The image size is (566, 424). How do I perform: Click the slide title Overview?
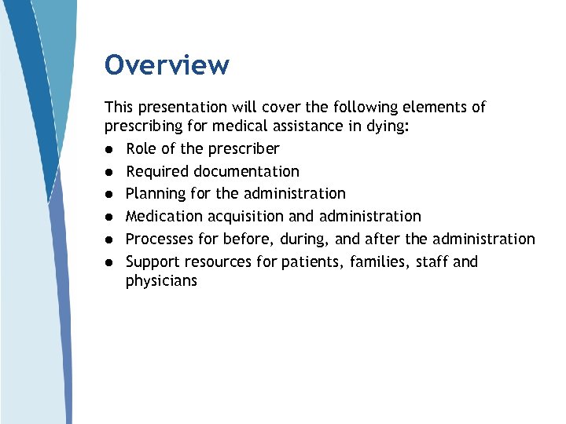[167, 64]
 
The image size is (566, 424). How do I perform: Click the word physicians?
[161, 280]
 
